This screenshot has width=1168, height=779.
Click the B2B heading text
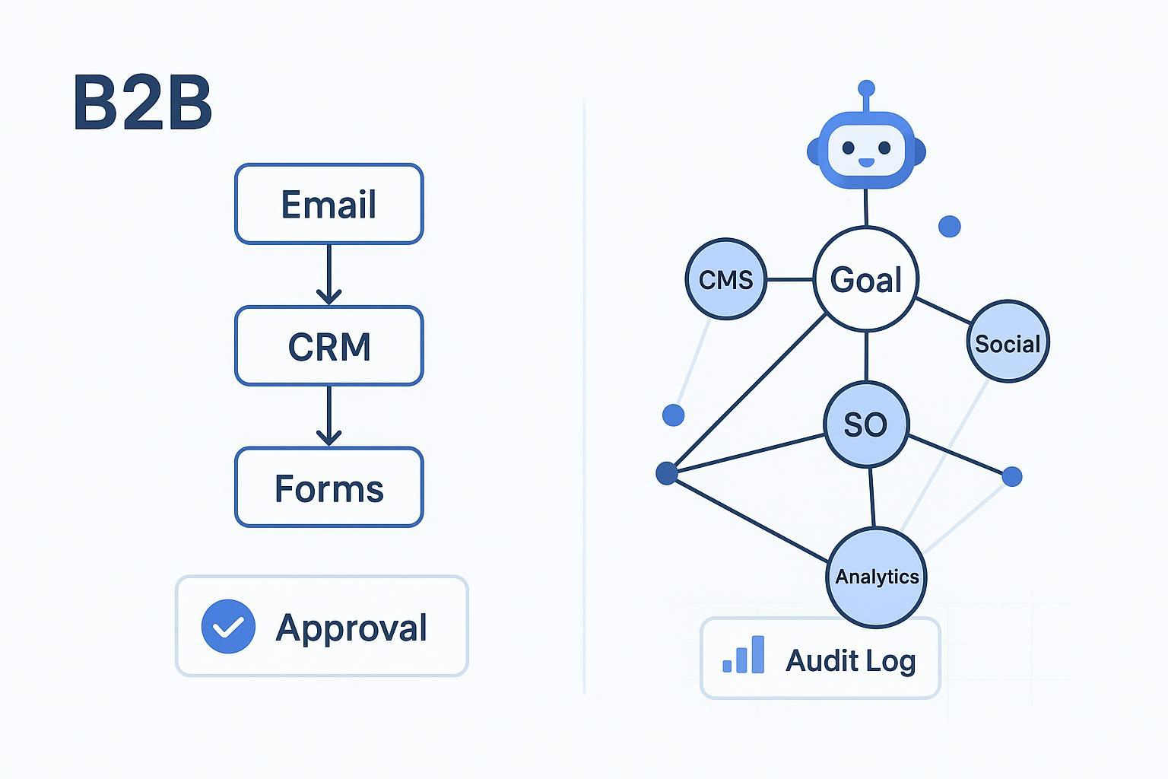[142, 104]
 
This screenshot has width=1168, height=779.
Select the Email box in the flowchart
[328, 204]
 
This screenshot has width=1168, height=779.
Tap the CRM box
[328, 346]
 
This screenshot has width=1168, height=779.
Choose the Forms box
[328, 488]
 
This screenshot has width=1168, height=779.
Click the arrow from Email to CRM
[328, 274]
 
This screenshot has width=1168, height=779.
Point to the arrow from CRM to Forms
[328, 415]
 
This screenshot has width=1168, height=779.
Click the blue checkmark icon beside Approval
[228, 626]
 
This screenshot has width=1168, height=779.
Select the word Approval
[351, 628]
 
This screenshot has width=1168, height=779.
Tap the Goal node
[865, 279]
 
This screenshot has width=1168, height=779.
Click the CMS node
[725, 279]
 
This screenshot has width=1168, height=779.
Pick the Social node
[1008, 342]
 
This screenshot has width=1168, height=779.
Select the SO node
[866, 424]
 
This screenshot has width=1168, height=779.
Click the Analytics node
[877, 577]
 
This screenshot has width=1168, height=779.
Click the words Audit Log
[850, 660]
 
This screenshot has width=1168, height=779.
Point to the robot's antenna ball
[866, 88]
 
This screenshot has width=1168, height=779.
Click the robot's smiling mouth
[866, 162]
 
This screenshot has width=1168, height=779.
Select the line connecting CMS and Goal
[789, 279]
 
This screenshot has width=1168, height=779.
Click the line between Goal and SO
[866, 356]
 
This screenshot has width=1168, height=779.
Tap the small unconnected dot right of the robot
[949, 226]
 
